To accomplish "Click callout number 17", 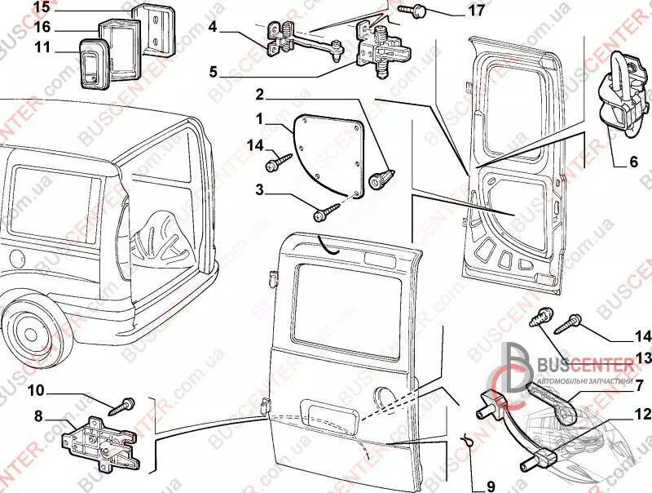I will pos(476,11).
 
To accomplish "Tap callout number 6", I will pos(632,162).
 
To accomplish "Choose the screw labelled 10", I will pos(126,402).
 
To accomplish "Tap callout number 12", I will pos(641,414).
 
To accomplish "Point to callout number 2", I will pos(258,94).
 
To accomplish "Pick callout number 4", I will pos(212,27).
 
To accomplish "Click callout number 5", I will pos(213,72).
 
